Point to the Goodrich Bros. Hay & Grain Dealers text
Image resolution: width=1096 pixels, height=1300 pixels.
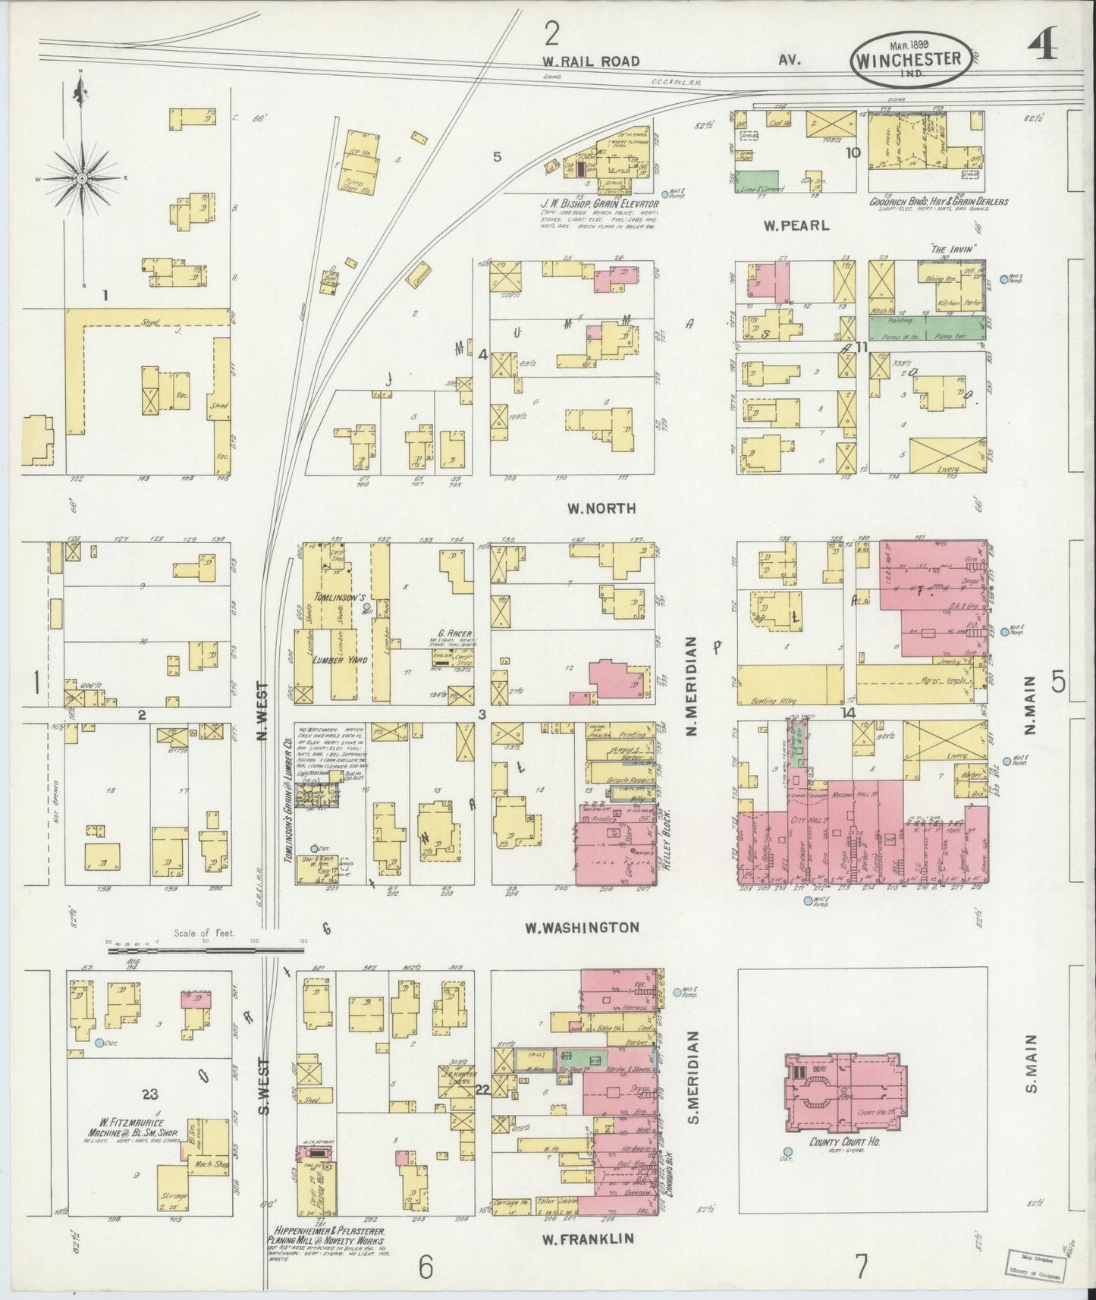938,203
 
